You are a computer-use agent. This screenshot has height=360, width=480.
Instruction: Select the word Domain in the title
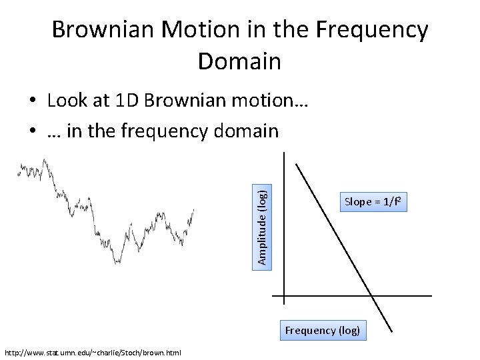[x=239, y=61]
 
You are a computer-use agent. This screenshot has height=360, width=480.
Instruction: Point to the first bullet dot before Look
[x=32, y=101]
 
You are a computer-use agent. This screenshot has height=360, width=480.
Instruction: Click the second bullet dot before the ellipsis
[x=32, y=131]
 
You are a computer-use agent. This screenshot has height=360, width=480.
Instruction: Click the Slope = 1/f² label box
[x=375, y=201]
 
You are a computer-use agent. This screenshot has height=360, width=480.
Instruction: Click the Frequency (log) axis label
[x=323, y=330]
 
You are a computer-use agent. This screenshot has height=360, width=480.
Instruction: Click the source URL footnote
[x=93, y=352]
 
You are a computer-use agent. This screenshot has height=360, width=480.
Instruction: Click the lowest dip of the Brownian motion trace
[x=117, y=262]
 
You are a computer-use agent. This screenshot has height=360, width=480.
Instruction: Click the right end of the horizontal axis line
[x=431, y=295]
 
